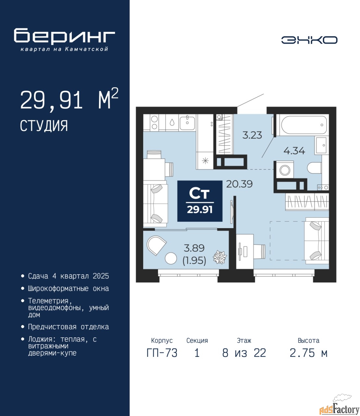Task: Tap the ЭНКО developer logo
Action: click(309, 40)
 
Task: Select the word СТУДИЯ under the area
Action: click(44, 126)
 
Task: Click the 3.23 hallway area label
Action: click(252, 135)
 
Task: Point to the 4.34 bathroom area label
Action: click(294, 150)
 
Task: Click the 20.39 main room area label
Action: click(239, 184)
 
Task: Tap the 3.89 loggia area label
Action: click(194, 248)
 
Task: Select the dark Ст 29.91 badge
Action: click(200, 201)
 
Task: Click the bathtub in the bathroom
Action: click(304, 125)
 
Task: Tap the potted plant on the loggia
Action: click(220, 257)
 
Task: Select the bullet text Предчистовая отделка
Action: click(68, 327)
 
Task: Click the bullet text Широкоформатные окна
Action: click(68, 289)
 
